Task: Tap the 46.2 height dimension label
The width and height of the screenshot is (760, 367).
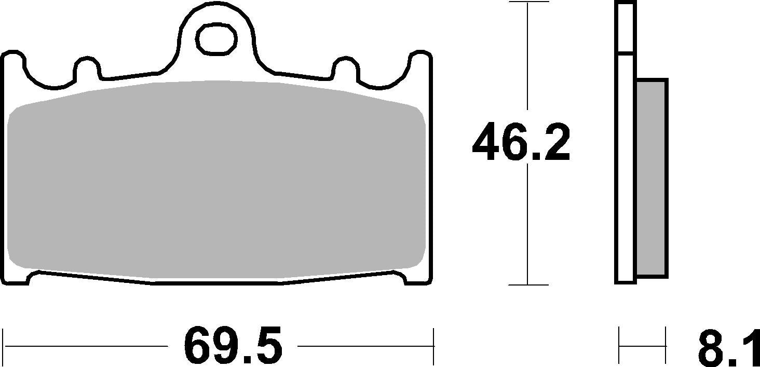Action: (521, 142)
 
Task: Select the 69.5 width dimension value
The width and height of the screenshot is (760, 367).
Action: (233, 346)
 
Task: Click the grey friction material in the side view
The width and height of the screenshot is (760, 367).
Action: (652, 176)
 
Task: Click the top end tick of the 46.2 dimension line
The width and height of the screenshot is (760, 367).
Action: (528, 2)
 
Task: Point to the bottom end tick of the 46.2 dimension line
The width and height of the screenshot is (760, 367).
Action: (528, 284)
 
